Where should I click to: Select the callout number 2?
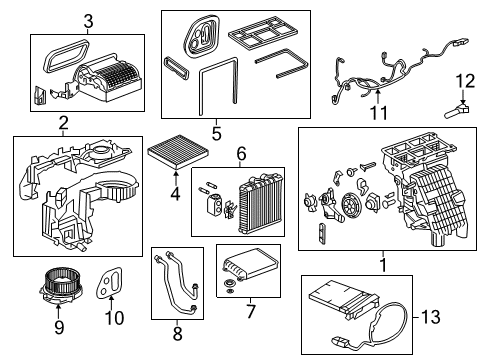[x=62, y=123]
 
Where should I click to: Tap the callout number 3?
[x=87, y=21]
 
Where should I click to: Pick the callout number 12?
[x=462, y=80]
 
